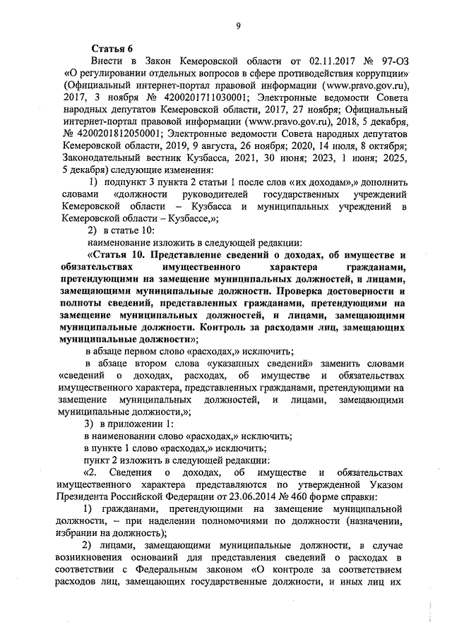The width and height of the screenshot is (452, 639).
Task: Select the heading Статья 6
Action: [112, 48]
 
